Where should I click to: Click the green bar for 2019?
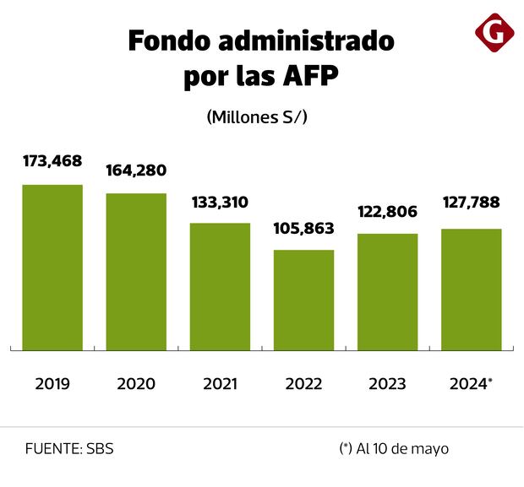52,267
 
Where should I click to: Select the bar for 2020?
136,271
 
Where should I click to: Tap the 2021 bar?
220,286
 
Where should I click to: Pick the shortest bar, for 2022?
303,300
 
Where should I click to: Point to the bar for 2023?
387,291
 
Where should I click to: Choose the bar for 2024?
471,289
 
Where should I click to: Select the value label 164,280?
136,170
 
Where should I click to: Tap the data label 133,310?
220,203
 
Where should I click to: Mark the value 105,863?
303,229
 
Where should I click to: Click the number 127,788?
471,203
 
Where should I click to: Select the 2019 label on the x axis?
52,384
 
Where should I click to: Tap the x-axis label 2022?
303,384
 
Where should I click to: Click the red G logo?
495,34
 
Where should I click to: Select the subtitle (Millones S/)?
256,118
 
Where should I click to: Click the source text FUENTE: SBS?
69,449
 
